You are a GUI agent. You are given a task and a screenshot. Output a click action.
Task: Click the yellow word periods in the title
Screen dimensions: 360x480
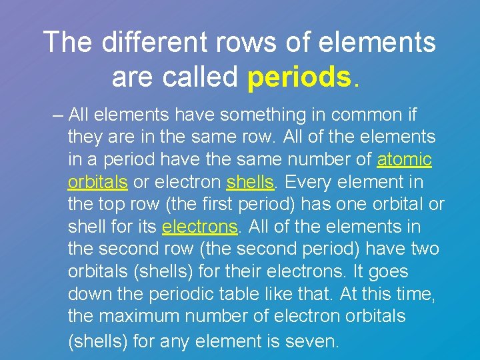tap(298, 78)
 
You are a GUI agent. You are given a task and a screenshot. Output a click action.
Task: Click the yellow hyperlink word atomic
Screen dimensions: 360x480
tap(405, 160)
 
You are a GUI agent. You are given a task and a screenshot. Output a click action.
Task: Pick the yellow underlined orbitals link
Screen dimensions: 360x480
tap(97, 183)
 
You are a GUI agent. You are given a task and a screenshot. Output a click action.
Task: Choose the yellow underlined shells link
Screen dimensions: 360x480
tap(251, 183)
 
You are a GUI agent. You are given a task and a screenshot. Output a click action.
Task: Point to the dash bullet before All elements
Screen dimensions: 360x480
tap(57, 115)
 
